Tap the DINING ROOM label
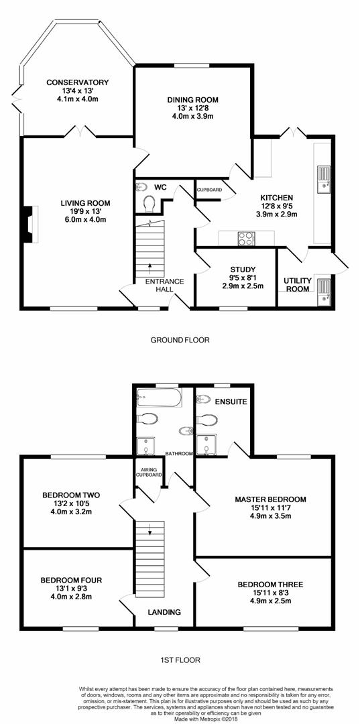pos(193,100)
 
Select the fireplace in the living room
pos(27,223)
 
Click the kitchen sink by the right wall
pos(324,176)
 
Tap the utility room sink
pos(324,290)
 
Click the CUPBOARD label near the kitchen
pos(209,190)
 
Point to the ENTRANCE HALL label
pos(161,286)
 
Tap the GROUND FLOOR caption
pos(180,340)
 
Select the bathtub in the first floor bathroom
pos(158,400)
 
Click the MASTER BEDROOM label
pos(270,499)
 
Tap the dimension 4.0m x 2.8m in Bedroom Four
pos(71,598)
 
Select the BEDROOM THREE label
pos(270,585)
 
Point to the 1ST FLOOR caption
pos(180,660)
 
